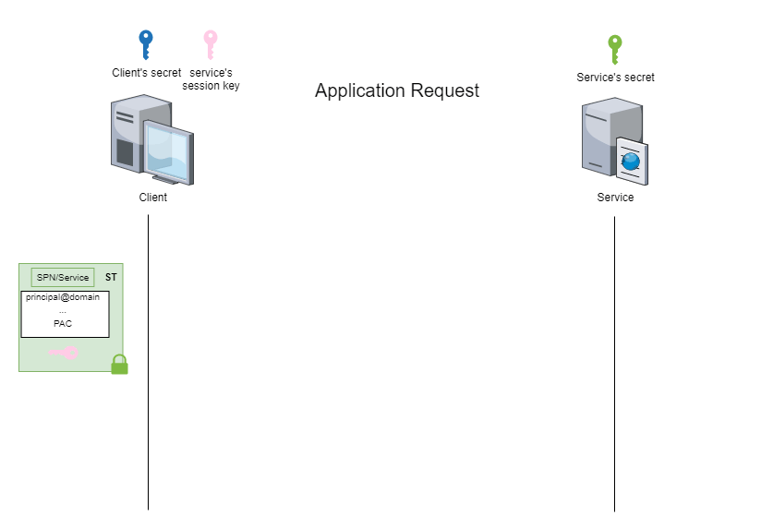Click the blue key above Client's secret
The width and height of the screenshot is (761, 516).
tap(146, 44)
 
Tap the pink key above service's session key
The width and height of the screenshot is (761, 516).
tap(211, 44)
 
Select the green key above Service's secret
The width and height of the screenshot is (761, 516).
tap(615, 48)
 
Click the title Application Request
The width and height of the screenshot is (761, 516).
tap(397, 90)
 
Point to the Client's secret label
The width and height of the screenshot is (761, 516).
tap(147, 72)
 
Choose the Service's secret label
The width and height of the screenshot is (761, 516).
tap(615, 78)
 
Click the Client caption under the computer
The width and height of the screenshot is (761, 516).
tap(153, 197)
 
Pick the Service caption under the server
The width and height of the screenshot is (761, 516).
tap(615, 197)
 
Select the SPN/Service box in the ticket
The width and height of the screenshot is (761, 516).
tap(63, 277)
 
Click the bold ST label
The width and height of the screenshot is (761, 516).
tap(111, 277)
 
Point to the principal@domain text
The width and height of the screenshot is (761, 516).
tap(63, 297)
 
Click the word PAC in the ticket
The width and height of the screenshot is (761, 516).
tap(63, 323)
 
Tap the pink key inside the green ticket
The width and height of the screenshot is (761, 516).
tap(65, 353)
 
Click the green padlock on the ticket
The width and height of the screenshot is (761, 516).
tap(119, 365)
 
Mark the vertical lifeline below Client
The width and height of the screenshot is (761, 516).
tap(148, 369)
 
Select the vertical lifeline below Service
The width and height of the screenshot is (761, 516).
tap(614, 369)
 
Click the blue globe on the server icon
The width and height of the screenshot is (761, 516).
tap(631, 161)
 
